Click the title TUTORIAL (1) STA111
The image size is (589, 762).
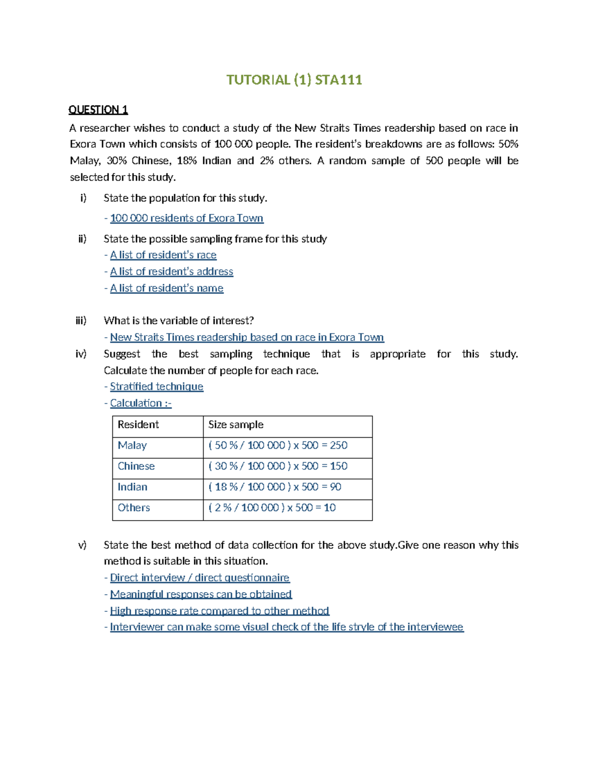tap(294, 80)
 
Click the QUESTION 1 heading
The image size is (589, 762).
tap(98, 109)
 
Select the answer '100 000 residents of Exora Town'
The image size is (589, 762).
tap(187, 218)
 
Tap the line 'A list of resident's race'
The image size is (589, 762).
tap(163, 255)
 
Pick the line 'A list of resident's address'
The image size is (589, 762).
tap(171, 272)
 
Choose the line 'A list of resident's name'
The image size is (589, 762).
tap(166, 289)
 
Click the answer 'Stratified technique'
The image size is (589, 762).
tap(156, 387)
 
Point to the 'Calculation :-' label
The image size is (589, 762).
tap(140, 403)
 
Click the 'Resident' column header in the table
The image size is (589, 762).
tap(138, 425)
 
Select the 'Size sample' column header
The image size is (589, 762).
tap(236, 425)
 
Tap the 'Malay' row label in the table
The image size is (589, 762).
tap(133, 446)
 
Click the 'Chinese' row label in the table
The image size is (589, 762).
tap(136, 466)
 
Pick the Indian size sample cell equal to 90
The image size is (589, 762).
tap(275, 487)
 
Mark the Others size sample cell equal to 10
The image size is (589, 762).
tap(272, 508)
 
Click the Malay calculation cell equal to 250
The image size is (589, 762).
tap(278, 446)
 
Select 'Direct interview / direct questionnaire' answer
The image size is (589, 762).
tap(199, 578)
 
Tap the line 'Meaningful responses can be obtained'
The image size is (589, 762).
tap(201, 595)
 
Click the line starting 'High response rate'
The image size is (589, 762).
tap(219, 611)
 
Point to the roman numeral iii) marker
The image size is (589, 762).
tap(81, 321)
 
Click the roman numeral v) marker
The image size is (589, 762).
tap(82, 545)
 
